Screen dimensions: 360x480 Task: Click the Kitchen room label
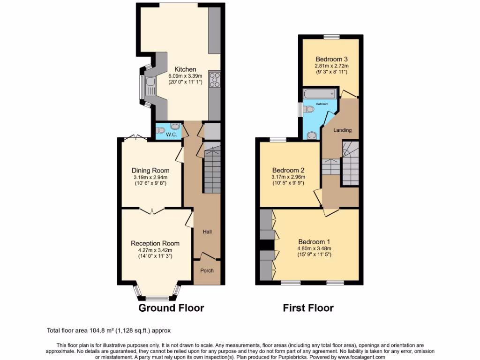[185, 69]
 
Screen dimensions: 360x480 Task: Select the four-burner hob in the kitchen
[215, 80]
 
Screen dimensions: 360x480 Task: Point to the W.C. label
[172, 135]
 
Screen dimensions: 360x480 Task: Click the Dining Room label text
[150, 170]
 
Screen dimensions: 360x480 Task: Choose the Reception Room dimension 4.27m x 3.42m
[155, 250]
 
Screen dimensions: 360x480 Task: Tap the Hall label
[208, 232]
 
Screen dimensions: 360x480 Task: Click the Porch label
[207, 270]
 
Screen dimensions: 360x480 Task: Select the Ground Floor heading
[171, 308]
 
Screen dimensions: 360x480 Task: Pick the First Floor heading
[308, 308]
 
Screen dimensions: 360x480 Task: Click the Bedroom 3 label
[331, 59]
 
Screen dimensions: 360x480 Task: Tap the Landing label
[342, 130]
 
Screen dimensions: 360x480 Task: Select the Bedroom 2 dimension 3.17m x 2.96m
[288, 177]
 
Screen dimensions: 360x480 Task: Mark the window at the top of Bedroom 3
[331, 37]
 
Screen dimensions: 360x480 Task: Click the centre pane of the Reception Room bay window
[157, 298]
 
